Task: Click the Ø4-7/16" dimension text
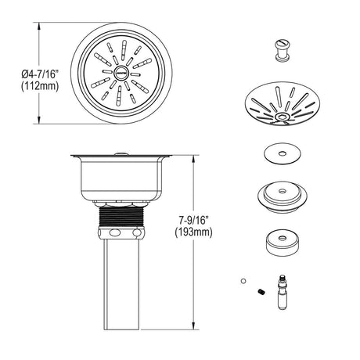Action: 40,75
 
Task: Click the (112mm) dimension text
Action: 40,85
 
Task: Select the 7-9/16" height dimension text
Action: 193,221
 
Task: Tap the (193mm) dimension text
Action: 193,232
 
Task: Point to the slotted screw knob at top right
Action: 282,50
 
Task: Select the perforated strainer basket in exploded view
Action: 283,104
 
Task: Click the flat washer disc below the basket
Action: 282,153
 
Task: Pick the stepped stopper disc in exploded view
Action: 282,196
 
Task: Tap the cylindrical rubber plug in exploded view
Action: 282,243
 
